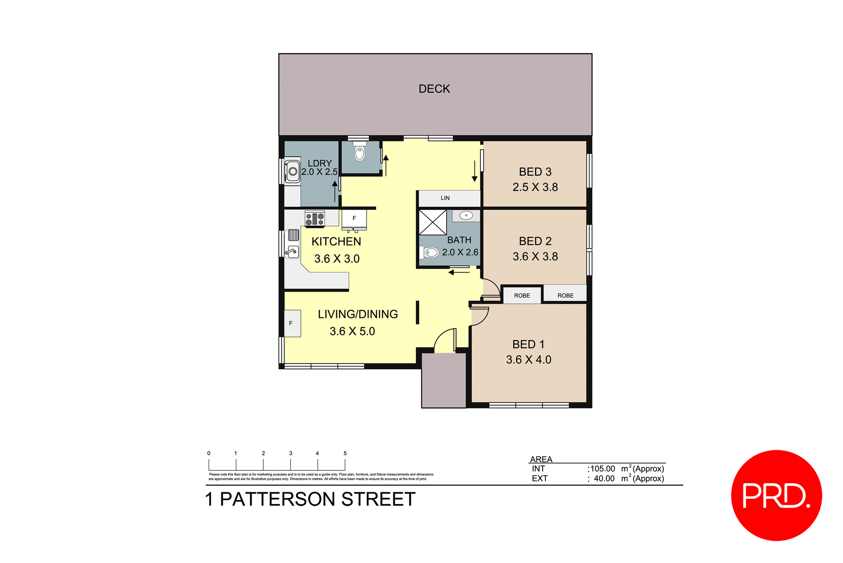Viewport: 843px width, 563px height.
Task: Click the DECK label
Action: pos(434,89)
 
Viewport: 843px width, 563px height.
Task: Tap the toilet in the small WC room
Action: pos(360,152)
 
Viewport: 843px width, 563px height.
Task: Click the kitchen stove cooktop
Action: pos(315,219)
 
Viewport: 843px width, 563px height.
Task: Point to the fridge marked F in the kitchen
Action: pos(354,219)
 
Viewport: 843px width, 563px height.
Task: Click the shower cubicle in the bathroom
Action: pos(432,222)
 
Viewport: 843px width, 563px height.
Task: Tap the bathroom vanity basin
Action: pos(466,216)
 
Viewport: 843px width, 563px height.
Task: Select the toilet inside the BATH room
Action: pos(430,253)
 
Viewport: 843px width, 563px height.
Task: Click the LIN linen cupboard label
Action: pos(445,198)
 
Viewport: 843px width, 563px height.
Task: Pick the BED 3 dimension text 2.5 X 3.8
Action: pos(535,187)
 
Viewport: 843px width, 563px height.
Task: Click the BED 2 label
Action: pos(535,241)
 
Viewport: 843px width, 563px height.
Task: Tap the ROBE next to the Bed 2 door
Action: pos(522,296)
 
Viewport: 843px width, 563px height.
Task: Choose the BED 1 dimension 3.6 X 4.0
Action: pos(528,360)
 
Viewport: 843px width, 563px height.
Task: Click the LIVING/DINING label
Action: pos(358,314)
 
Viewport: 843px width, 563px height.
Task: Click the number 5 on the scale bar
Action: pos(345,453)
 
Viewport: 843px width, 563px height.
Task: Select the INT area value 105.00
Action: pos(602,469)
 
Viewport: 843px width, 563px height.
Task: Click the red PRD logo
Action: pos(776,495)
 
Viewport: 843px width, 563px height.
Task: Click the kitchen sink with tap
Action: pos(292,252)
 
